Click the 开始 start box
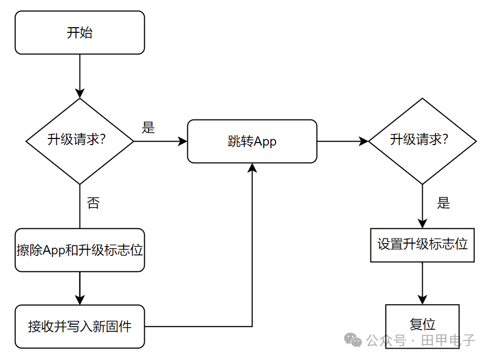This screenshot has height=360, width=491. (x=80, y=32)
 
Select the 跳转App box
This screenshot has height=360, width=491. (x=252, y=141)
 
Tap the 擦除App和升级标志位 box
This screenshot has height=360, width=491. (x=80, y=250)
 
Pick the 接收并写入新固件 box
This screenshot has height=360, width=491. (x=80, y=327)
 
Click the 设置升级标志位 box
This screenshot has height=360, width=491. (x=422, y=245)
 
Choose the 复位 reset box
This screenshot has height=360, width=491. (x=422, y=326)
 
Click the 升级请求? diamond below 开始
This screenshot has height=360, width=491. (x=80, y=141)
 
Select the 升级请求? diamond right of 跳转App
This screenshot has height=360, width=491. (x=422, y=141)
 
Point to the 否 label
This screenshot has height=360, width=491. (x=93, y=203)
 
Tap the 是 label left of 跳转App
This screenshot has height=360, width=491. (x=148, y=127)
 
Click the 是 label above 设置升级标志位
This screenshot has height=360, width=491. (x=443, y=203)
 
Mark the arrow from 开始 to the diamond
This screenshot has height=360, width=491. (x=80, y=76)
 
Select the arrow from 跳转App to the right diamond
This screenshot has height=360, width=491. (x=343, y=141)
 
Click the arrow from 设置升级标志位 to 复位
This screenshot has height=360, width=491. (x=422, y=283)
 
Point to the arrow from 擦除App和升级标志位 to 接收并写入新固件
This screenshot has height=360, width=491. (x=80, y=288)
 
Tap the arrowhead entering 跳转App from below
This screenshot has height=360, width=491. (x=252, y=168)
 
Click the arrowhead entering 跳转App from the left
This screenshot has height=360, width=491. (x=183, y=141)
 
